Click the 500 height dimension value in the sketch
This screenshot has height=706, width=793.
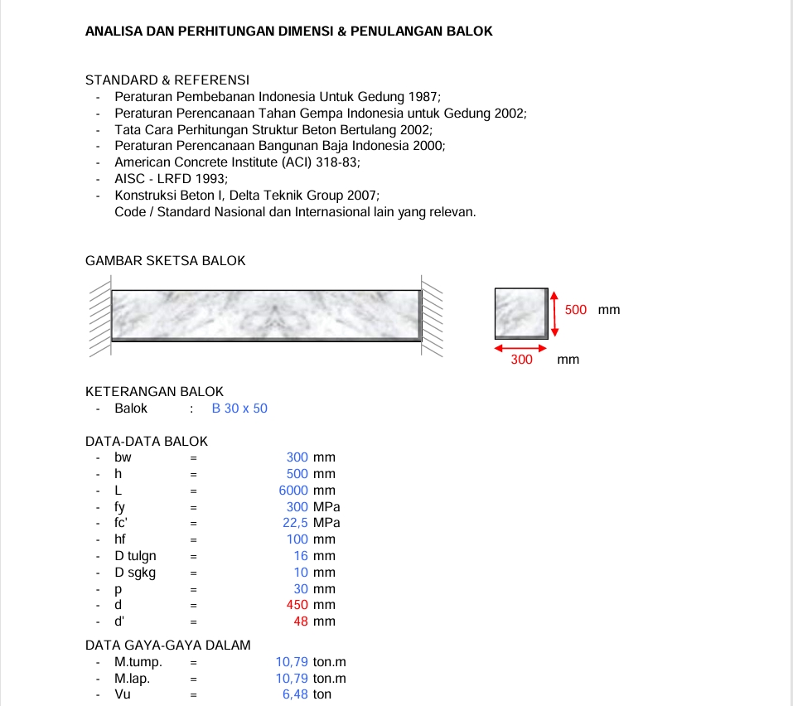pyautogui.click(x=575, y=310)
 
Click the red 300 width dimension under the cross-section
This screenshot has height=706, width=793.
pyautogui.click(x=521, y=360)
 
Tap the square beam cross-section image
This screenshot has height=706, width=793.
pyautogui.click(x=521, y=313)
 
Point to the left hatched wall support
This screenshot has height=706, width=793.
pyautogui.click(x=99, y=319)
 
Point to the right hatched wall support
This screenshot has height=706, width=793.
pyautogui.click(x=433, y=319)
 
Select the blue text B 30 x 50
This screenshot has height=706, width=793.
pyautogui.click(x=239, y=409)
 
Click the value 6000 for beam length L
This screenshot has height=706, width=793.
pyautogui.click(x=293, y=491)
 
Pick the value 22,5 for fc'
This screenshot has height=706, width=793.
pyautogui.click(x=296, y=523)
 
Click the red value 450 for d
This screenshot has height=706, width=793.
pyautogui.click(x=297, y=605)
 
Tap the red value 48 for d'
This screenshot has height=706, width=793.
pyautogui.click(x=302, y=621)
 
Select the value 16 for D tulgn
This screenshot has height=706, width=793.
pyautogui.click(x=301, y=556)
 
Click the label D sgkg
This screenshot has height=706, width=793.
pyautogui.click(x=135, y=573)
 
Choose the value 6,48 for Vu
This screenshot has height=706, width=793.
pyautogui.click(x=295, y=694)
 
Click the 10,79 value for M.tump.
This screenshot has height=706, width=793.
pyautogui.click(x=292, y=662)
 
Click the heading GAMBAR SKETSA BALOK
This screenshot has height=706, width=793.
pyautogui.click(x=166, y=261)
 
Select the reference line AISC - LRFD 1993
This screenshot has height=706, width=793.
pyautogui.click(x=171, y=178)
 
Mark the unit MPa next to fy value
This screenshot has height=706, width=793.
pyautogui.click(x=326, y=507)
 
